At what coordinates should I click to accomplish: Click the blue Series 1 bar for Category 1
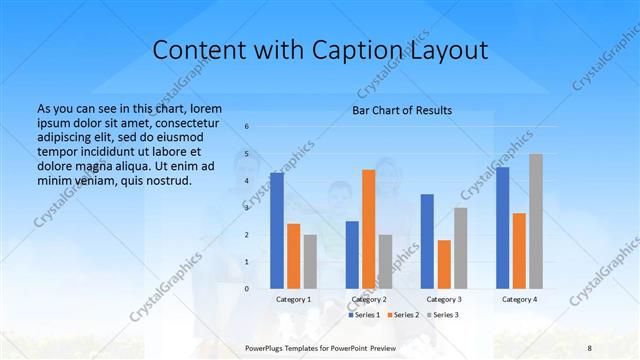click(x=277, y=231)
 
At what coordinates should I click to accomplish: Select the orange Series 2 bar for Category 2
click(x=369, y=229)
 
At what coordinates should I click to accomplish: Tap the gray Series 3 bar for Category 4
click(x=536, y=221)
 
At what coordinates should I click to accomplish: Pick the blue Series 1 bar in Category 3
click(x=427, y=241)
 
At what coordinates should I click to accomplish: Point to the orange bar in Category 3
click(x=444, y=264)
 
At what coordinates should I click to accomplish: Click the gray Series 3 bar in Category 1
click(x=310, y=262)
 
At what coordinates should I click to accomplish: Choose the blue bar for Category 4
click(x=502, y=228)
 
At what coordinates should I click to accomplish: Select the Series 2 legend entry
click(x=402, y=315)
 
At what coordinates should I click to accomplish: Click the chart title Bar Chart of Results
click(x=403, y=110)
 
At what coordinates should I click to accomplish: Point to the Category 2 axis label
click(x=369, y=299)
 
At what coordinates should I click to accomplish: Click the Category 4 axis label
click(x=519, y=299)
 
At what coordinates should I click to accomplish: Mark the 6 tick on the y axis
click(x=247, y=127)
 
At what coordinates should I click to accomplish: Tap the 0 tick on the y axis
click(x=247, y=288)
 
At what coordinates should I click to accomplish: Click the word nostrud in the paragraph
click(x=162, y=180)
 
